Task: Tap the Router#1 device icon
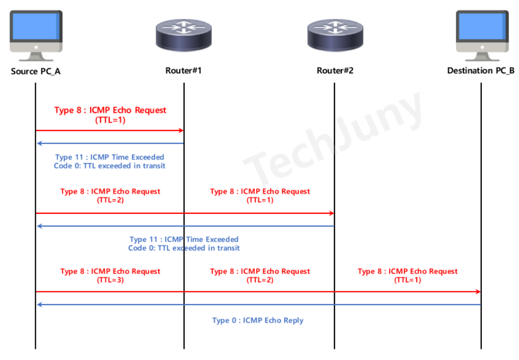point(183,35)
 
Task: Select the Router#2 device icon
point(334,35)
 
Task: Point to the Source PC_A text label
point(36,71)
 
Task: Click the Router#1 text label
point(183,71)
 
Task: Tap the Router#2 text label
point(335,71)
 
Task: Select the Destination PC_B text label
point(481,71)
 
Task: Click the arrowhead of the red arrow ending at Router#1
point(180,130)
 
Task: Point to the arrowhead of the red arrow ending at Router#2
point(331,213)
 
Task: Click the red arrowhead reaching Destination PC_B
point(478,291)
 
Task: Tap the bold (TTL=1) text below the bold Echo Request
point(110,120)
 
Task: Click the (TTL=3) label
point(110,280)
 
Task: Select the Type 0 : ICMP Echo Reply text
point(258,320)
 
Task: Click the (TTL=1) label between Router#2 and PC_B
point(407,280)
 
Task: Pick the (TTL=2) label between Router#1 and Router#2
point(259,280)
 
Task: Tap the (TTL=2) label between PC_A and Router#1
point(110,200)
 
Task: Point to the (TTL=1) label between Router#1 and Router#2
point(259,200)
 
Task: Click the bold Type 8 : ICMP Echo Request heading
point(110,110)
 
